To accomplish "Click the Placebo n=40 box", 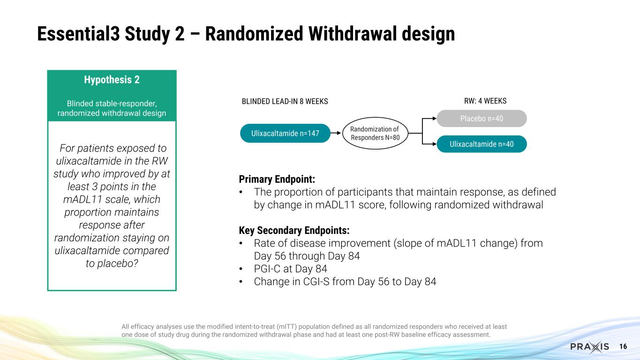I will tap(482, 119).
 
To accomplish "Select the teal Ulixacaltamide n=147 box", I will tap(285, 134).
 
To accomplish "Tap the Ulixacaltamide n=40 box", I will tap(482, 144).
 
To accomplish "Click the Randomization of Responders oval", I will tap(376, 134).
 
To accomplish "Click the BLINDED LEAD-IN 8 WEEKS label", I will tap(285, 101).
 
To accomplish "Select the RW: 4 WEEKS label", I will tap(484, 101).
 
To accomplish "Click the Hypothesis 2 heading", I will tap(112, 80).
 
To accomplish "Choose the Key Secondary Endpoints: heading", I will tap(294, 231).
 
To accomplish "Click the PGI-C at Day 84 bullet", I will tap(290, 269).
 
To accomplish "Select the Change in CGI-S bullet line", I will tap(345, 282).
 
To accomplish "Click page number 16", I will tap(623, 346).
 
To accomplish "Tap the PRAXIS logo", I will tap(589, 347).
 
